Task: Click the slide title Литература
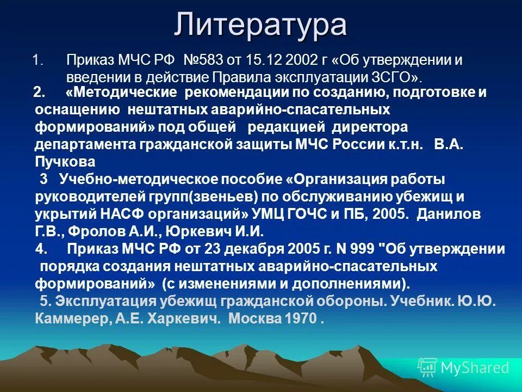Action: click(260, 25)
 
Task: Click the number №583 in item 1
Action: click(204, 60)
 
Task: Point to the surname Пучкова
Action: click(65, 162)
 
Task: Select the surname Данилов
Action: click(449, 214)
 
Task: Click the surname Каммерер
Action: click(65, 318)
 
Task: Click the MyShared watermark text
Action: click(475, 367)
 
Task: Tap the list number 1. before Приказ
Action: click(38, 60)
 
